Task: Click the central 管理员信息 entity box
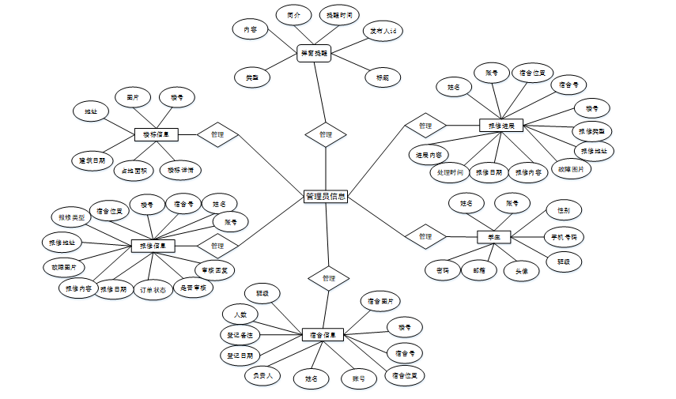[x=325, y=197]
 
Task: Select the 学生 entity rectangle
[x=494, y=236]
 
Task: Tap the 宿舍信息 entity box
[x=323, y=334]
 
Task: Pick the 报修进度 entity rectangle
[x=501, y=126]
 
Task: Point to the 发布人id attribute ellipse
[x=383, y=32]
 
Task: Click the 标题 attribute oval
[x=383, y=77]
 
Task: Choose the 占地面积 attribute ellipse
[x=132, y=170]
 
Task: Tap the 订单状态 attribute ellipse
[x=153, y=289]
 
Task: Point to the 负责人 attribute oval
[x=262, y=375]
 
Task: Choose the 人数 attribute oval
[x=240, y=314]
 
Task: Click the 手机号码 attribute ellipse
[x=565, y=235]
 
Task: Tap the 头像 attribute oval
[x=522, y=270]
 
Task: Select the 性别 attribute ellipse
[x=565, y=210]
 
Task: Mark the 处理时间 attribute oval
[x=450, y=171]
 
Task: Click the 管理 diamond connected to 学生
[x=425, y=236]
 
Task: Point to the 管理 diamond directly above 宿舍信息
[x=329, y=278]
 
